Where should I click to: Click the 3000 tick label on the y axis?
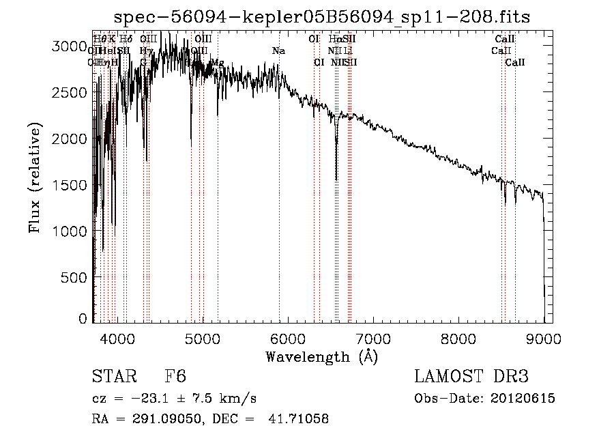click(69, 46)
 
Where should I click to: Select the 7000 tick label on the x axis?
click(372, 337)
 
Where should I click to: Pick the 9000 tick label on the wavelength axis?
click(544, 337)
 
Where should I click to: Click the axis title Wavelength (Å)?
click(321, 356)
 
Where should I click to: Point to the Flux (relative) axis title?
click(35, 177)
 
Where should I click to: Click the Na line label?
click(278, 51)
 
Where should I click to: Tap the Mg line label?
click(217, 62)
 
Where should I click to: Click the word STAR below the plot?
click(113, 377)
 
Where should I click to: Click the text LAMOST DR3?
click(471, 377)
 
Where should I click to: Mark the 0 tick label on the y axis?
click(83, 318)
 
